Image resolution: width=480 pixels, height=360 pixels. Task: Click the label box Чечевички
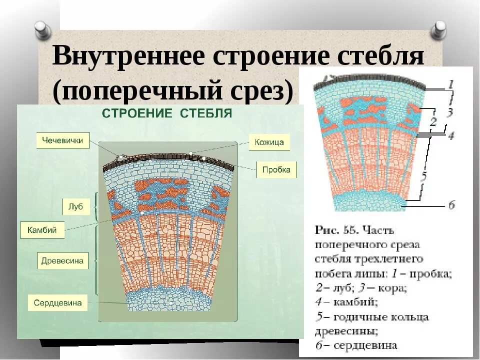click(x=62, y=140)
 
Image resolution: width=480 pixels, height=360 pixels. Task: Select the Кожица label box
click(x=269, y=142)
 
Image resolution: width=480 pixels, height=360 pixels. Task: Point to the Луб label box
click(x=76, y=206)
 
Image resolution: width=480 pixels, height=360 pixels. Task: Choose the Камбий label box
click(x=42, y=230)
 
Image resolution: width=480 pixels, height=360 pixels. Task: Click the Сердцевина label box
click(x=57, y=303)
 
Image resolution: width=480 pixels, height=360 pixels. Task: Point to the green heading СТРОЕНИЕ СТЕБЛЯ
click(x=167, y=113)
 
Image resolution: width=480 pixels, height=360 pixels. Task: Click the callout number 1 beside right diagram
click(x=450, y=84)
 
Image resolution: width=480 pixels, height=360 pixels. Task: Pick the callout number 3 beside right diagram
click(x=449, y=112)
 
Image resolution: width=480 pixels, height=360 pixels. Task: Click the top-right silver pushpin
click(x=438, y=30)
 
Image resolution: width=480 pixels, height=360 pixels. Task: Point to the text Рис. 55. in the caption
click(x=334, y=230)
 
